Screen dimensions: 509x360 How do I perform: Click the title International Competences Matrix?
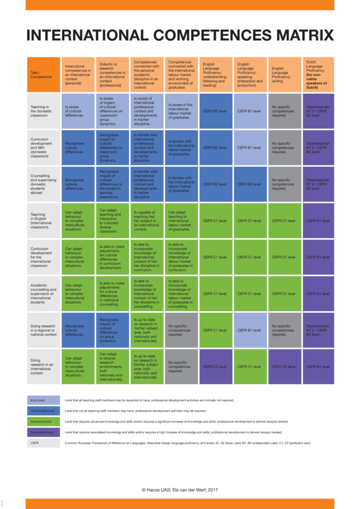[x=180, y=35]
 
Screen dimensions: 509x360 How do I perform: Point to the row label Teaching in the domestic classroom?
[x=43, y=110]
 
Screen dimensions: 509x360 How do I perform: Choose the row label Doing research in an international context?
[x=43, y=366]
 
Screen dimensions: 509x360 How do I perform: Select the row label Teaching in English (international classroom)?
[x=43, y=220]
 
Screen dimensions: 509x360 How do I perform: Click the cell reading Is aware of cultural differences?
[x=77, y=110]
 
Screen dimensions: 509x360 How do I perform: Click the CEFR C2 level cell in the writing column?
[x=284, y=366]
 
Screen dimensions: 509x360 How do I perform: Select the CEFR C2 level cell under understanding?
[x=215, y=366]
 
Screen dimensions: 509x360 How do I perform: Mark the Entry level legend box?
[x=43, y=400]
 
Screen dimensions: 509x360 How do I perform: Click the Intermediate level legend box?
[x=43, y=411]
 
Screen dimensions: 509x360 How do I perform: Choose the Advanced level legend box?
[x=43, y=421]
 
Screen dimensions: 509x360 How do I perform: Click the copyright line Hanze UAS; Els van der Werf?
[x=179, y=490]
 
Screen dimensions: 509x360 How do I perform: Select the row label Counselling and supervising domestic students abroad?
[x=43, y=184]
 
